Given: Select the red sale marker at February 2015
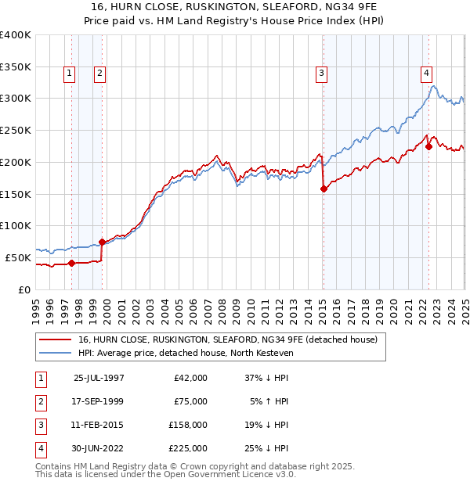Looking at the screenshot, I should (x=324, y=188).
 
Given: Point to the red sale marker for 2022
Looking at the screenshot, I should (x=428, y=145).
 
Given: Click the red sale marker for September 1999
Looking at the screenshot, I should (x=102, y=242).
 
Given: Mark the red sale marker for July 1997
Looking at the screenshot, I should (x=71, y=263).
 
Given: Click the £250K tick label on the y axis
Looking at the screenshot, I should (x=16, y=130).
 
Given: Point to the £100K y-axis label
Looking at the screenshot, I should (x=16, y=225).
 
